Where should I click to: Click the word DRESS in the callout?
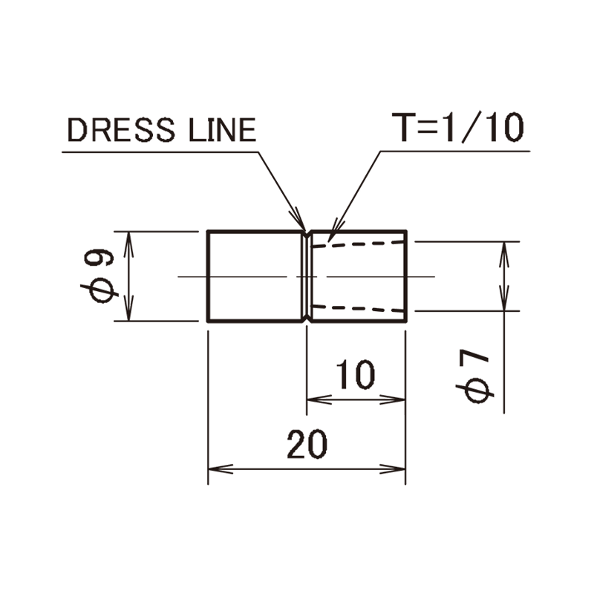(121, 130)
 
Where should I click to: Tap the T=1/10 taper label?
(458, 127)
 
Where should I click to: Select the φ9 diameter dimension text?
(99, 275)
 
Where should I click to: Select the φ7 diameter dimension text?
(475, 376)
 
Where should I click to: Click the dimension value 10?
(356, 375)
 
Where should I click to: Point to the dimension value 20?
(307, 444)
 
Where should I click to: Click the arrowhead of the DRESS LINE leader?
(299, 220)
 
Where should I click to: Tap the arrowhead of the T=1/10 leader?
(335, 229)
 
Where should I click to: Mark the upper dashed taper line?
(359, 244)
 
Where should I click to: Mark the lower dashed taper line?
(359, 308)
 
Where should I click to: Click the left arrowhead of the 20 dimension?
(221, 469)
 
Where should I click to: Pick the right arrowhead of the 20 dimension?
(393, 469)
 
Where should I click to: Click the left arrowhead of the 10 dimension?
(319, 399)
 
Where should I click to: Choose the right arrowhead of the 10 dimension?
(393, 399)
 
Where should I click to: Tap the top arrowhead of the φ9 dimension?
(128, 244)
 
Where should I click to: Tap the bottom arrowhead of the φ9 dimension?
(128, 308)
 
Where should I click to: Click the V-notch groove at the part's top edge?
(307, 233)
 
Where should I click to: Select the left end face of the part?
(208, 275)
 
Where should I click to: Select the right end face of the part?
(406, 275)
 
